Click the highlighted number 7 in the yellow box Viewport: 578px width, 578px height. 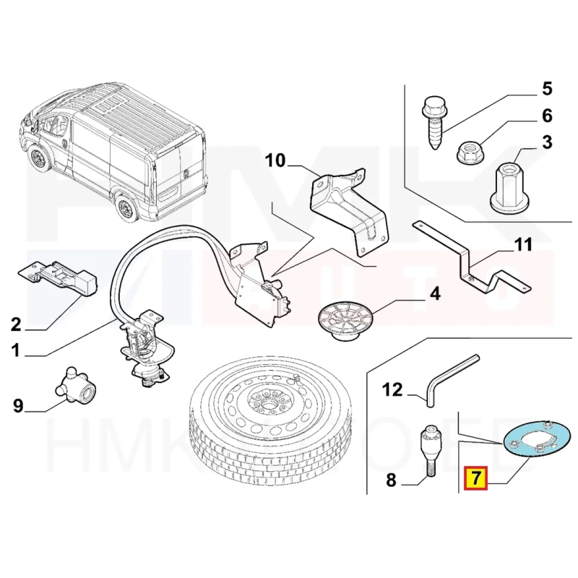pos(477,478)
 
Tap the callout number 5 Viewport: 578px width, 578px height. pos(546,89)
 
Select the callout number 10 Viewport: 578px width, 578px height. pos(275,160)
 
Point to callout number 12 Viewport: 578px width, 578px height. pos(391,390)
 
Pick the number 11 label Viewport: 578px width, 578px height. pos(522,245)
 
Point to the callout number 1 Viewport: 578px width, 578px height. pos(15,352)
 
